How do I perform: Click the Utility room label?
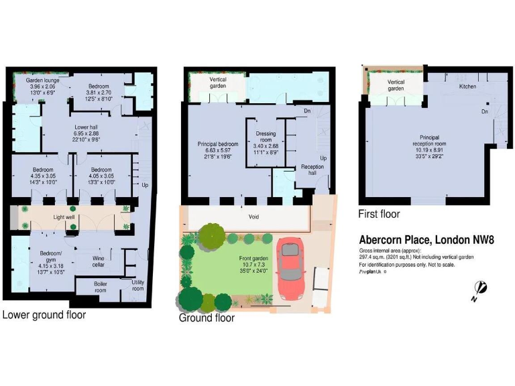pos(138,285)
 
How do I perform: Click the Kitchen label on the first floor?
pos(467,86)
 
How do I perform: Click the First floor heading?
pos(380,214)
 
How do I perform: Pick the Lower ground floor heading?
pos(44,314)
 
